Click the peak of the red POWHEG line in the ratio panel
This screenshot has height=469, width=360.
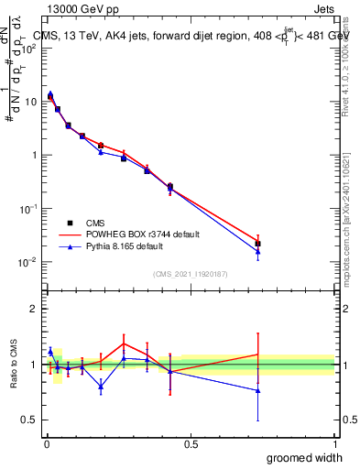(x=124, y=344)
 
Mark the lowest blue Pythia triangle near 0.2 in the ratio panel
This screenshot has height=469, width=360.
(x=101, y=386)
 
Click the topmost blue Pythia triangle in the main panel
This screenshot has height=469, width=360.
(x=50, y=93)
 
